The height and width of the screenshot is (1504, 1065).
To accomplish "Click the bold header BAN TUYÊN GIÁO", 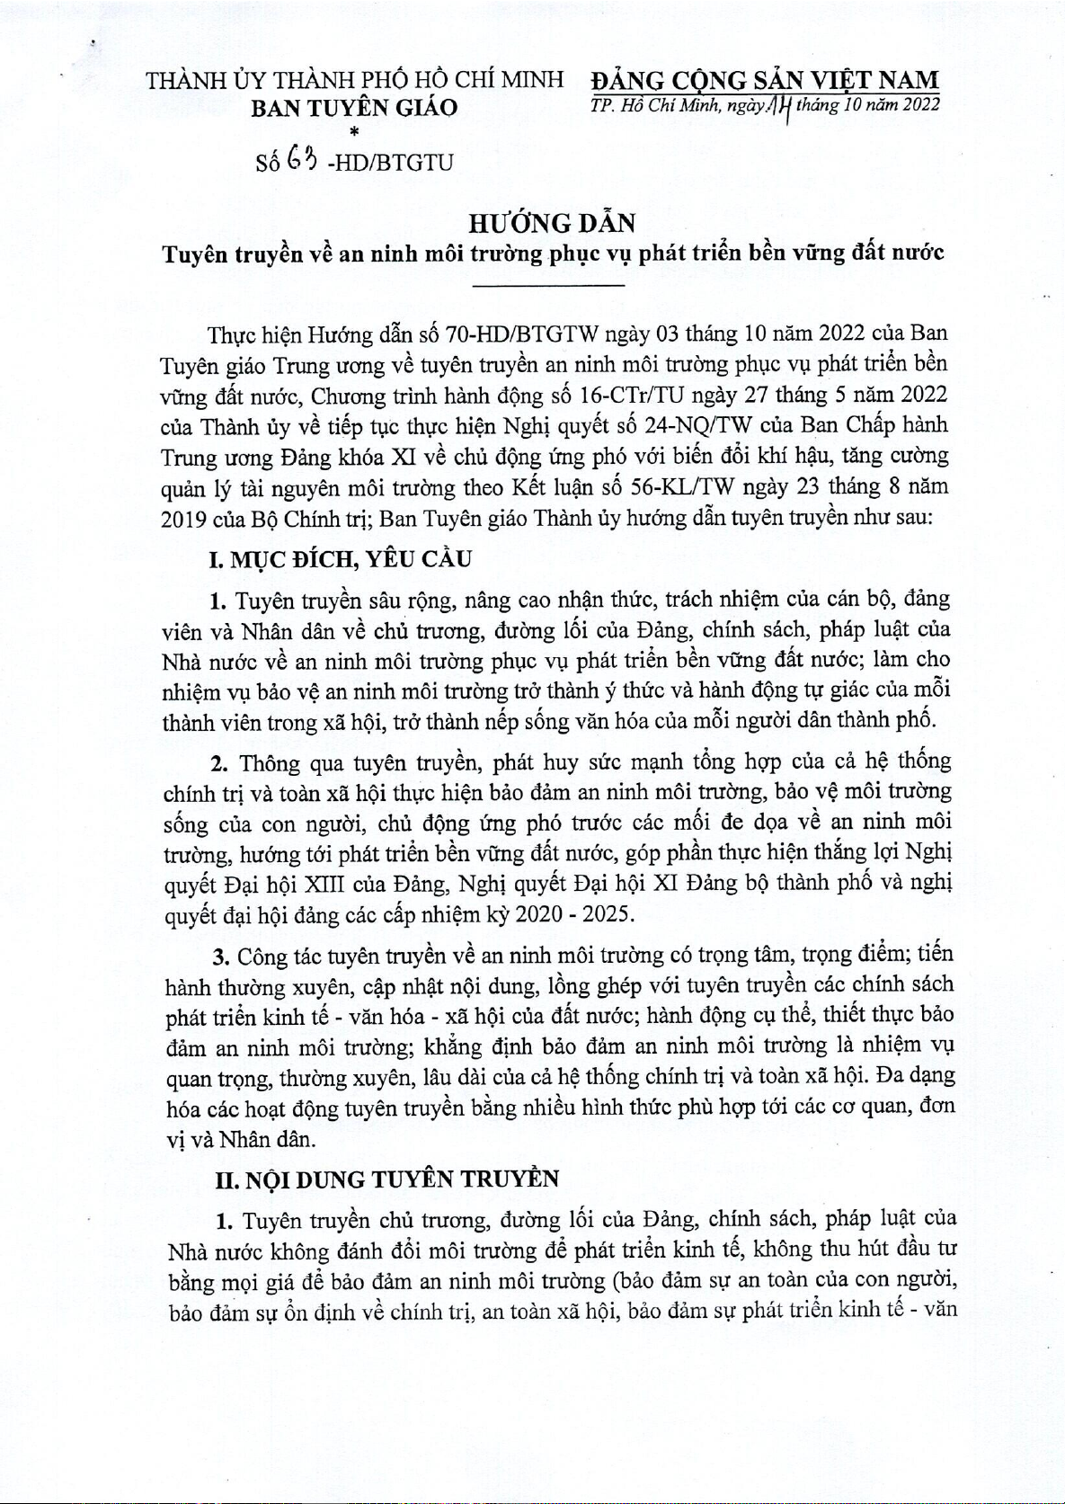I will click(354, 109).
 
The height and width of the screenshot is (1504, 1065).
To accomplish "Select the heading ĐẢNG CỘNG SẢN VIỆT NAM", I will click(765, 80).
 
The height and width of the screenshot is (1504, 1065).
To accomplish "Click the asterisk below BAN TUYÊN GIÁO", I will click(354, 132).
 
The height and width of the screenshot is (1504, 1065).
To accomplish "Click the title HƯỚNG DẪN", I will click(552, 223).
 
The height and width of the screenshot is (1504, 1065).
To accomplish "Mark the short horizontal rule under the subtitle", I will click(548, 286).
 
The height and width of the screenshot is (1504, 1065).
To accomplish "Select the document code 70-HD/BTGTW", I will click(522, 335).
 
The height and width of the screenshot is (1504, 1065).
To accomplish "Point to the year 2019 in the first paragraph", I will click(184, 520).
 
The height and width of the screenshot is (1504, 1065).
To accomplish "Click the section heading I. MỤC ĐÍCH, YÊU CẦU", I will click(340, 560).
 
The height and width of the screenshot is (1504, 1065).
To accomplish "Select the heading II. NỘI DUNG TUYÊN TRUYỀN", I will click(387, 1179).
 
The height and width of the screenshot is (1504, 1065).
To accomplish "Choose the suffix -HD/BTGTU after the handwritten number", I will click(392, 164).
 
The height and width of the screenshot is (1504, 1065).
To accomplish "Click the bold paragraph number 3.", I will click(220, 956).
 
